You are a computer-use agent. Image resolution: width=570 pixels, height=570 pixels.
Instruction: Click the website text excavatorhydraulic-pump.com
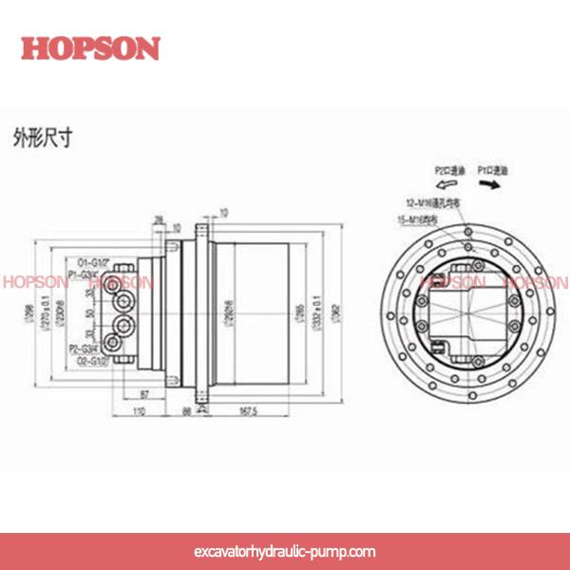284,551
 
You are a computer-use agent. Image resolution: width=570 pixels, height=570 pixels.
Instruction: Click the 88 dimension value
186,410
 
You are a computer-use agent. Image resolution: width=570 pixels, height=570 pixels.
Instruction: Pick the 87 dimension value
144,392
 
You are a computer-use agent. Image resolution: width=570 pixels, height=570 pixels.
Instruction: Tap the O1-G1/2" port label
94,260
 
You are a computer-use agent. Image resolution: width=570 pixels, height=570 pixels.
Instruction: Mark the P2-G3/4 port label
85,350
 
